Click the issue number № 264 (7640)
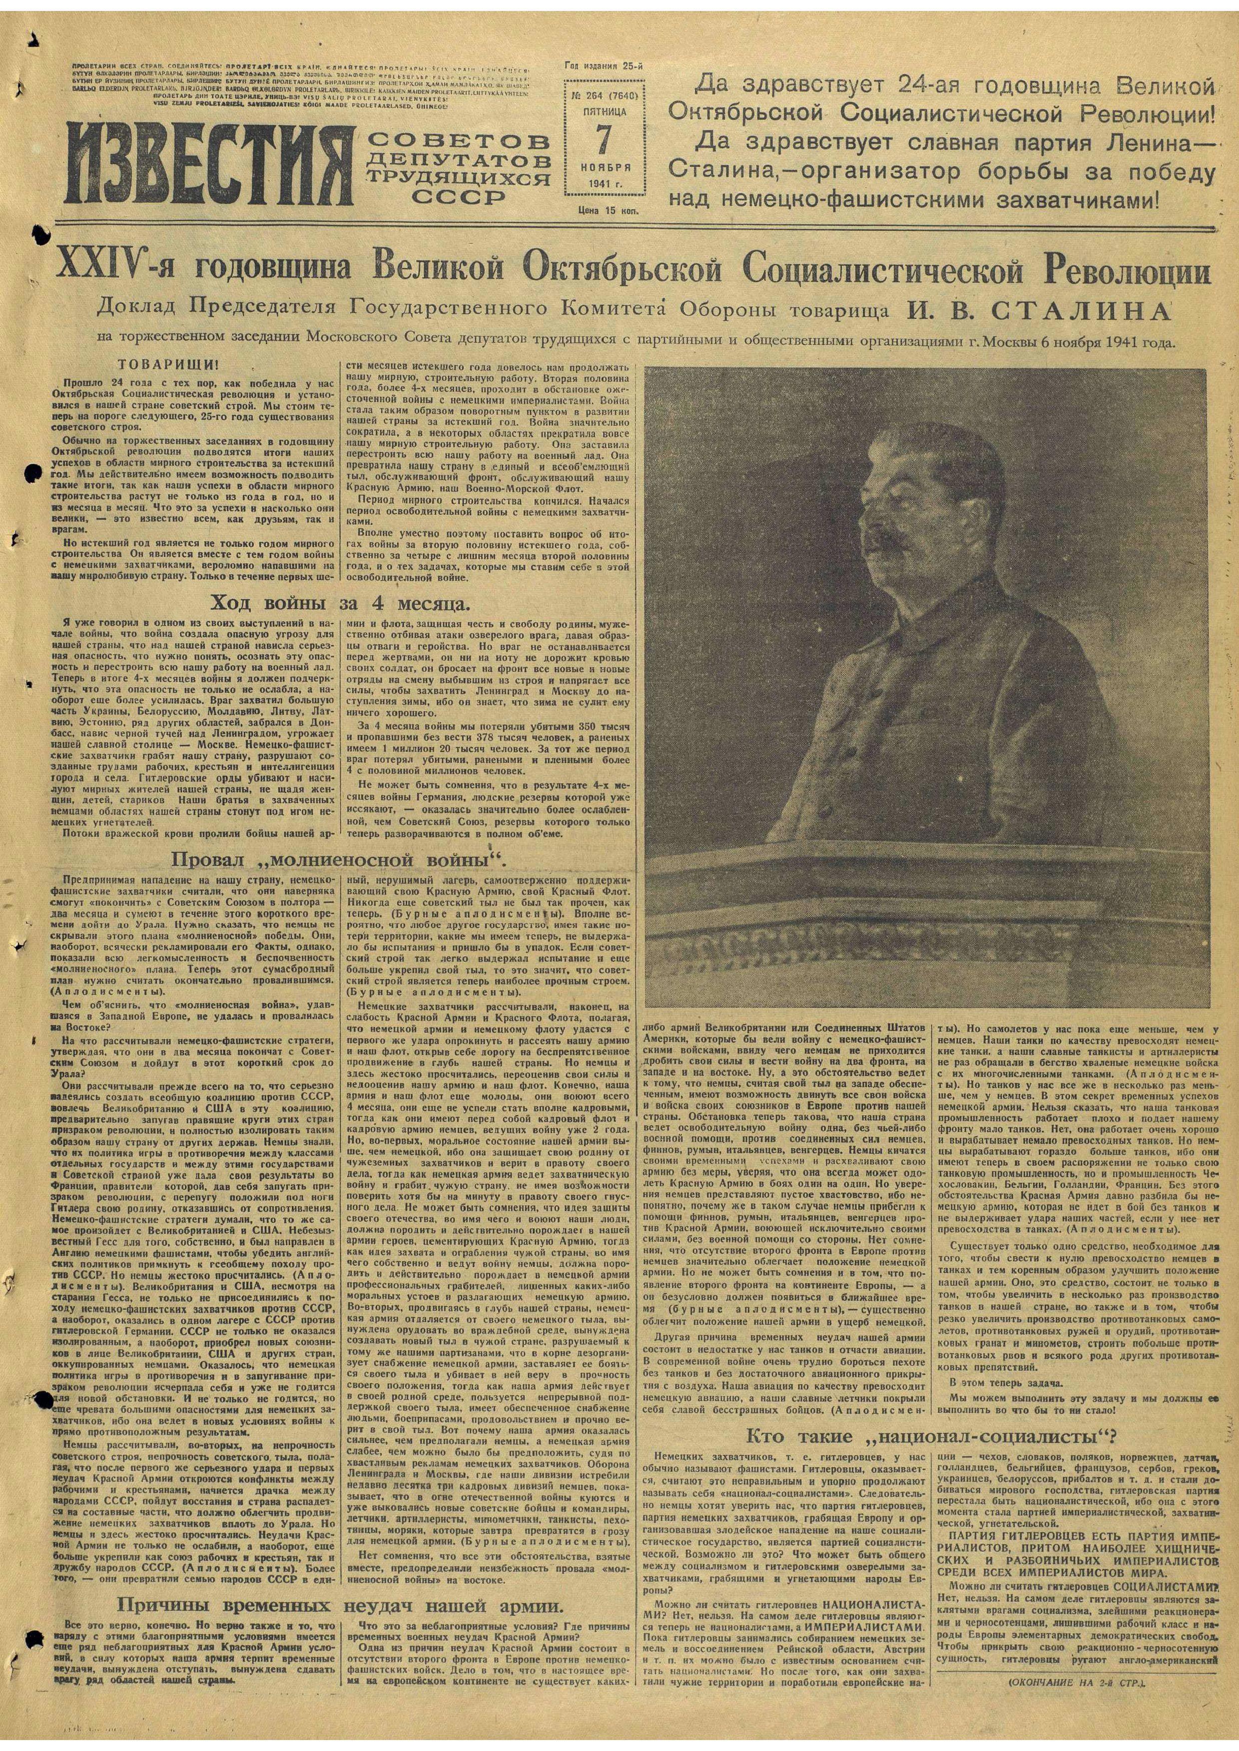(x=604, y=94)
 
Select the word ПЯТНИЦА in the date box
(x=604, y=110)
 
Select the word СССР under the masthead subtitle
(x=457, y=197)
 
